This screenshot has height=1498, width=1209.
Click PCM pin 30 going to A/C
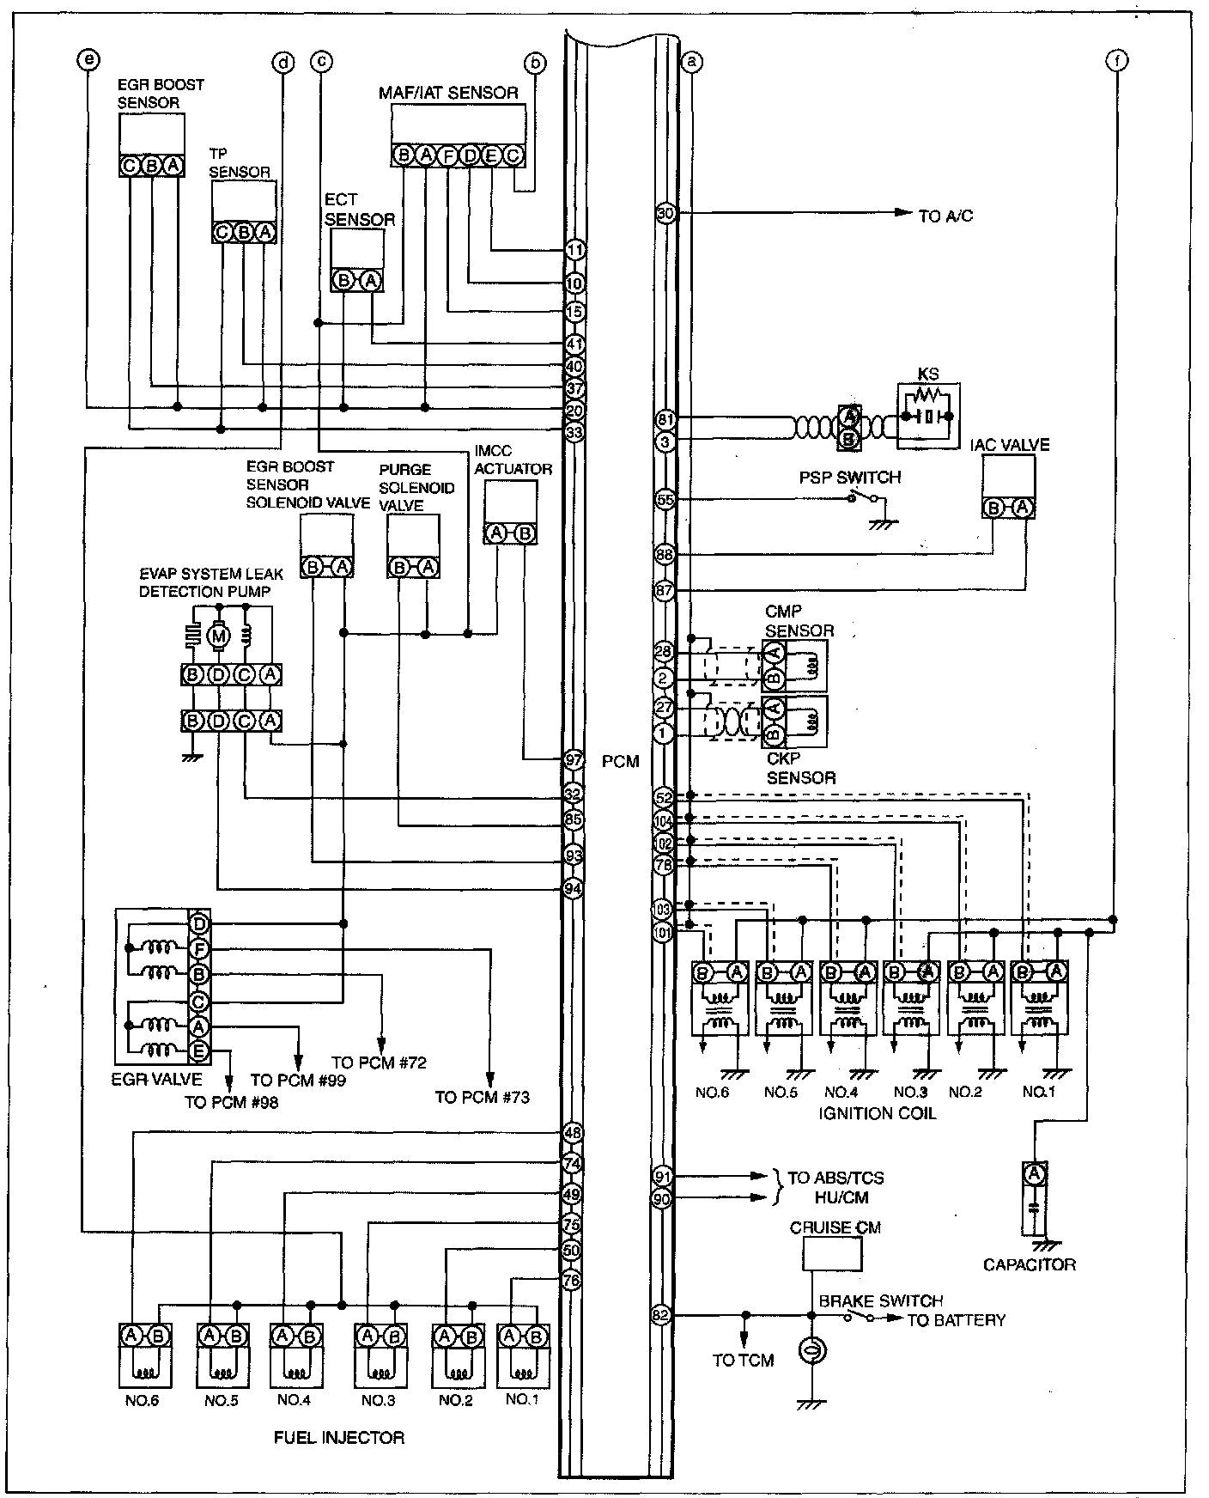pos(665,213)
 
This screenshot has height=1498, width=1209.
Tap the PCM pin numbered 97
pos(574,759)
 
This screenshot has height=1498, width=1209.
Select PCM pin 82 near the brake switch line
pos(661,1315)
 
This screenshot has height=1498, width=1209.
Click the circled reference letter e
pos(87,60)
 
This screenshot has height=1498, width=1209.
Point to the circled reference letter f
pos(1117,60)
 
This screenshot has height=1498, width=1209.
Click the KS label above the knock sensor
pos(927,374)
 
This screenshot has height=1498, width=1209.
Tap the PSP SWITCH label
pos(850,478)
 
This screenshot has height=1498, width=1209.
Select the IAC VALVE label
pos(1010,445)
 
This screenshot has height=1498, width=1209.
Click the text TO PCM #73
pos(482,1097)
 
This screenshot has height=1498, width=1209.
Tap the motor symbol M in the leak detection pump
pos(219,636)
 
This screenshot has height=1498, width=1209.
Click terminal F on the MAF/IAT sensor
pos(447,155)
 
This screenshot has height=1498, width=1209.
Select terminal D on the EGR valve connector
pos(199,923)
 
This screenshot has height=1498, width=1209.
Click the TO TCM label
pos(743,1360)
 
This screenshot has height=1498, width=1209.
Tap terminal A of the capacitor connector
pos(1035,1173)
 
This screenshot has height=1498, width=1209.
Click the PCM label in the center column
pos(621,761)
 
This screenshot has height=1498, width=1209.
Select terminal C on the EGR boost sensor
pos(129,166)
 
